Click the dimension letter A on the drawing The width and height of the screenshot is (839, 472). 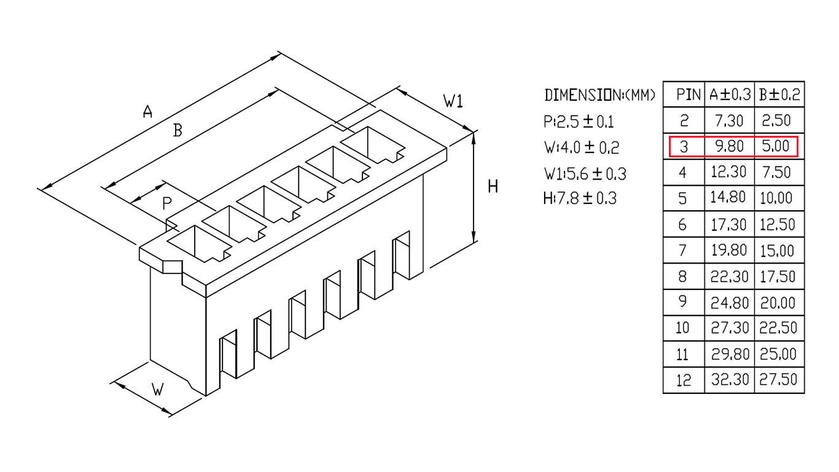[x=148, y=111]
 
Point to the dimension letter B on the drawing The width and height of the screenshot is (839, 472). [x=178, y=130]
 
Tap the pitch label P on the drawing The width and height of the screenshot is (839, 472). [x=167, y=203]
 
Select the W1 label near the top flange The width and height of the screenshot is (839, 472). [x=453, y=101]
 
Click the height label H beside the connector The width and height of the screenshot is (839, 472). [x=493, y=186]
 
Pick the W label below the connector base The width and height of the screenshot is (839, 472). [x=158, y=389]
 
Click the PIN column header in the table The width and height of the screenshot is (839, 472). [x=689, y=95]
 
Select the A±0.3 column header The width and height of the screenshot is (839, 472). [x=730, y=95]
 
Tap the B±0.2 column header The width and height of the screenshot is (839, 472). [x=779, y=95]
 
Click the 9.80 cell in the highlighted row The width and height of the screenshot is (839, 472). [x=729, y=146]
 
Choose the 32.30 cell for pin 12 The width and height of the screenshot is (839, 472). [x=730, y=380]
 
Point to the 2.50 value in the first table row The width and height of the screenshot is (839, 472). [x=776, y=120]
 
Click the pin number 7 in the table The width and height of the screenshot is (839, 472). [x=682, y=250]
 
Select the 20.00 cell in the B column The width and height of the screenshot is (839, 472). [x=778, y=302]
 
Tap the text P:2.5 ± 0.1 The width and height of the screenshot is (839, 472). [x=579, y=122]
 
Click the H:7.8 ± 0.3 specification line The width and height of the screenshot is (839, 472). [x=580, y=199]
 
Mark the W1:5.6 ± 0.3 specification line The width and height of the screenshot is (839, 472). [x=585, y=173]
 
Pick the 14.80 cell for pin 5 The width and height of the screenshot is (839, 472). [x=728, y=197]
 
